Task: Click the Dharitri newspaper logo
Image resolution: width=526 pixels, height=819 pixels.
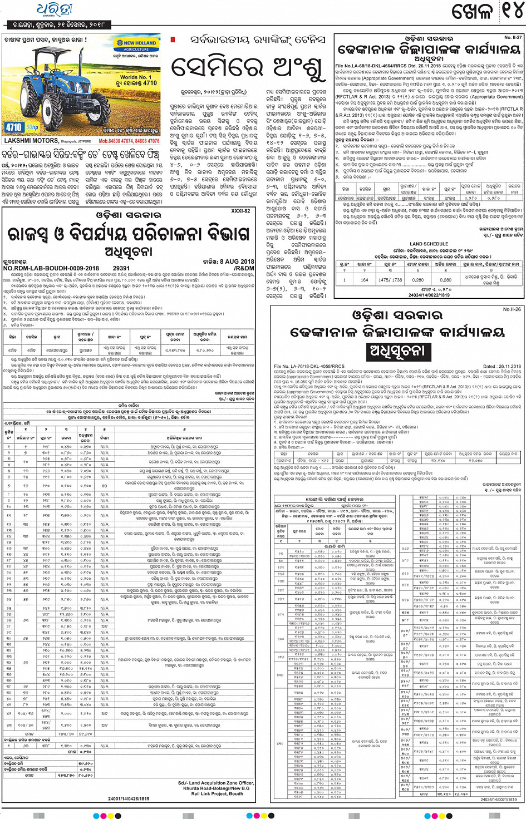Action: (55, 10)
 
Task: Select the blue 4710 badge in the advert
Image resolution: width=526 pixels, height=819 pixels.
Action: (14, 127)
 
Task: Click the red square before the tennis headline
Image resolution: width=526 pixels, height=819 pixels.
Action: (173, 40)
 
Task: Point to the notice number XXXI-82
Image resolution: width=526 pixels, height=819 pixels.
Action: (240, 211)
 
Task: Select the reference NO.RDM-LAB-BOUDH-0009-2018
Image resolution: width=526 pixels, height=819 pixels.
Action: (51, 268)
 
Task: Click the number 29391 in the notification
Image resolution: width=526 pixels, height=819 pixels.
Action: (121, 268)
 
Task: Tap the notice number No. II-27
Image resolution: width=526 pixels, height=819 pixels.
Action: (513, 37)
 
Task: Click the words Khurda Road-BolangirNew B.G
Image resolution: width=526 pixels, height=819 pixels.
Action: (216, 788)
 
